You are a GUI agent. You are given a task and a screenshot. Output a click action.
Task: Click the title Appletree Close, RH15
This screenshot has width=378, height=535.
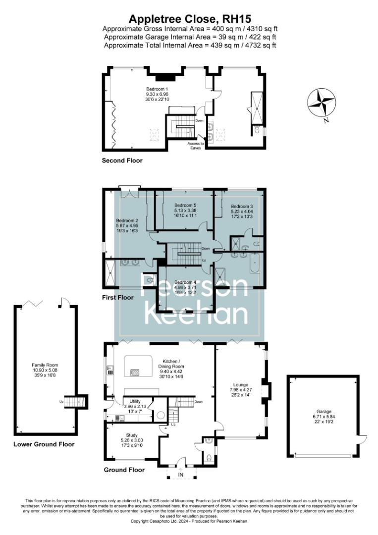pyautogui.click(x=188, y=19)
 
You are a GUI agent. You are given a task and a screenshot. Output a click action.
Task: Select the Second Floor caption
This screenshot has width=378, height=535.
pyautogui.click(x=122, y=160)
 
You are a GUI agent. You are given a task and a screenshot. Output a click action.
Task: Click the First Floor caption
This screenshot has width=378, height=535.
pyautogui.click(x=118, y=298)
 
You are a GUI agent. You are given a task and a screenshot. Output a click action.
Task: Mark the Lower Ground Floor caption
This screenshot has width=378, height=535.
pyautogui.click(x=44, y=444)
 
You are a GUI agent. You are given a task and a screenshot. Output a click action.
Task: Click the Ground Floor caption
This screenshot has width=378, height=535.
pyautogui.click(x=124, y=470)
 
